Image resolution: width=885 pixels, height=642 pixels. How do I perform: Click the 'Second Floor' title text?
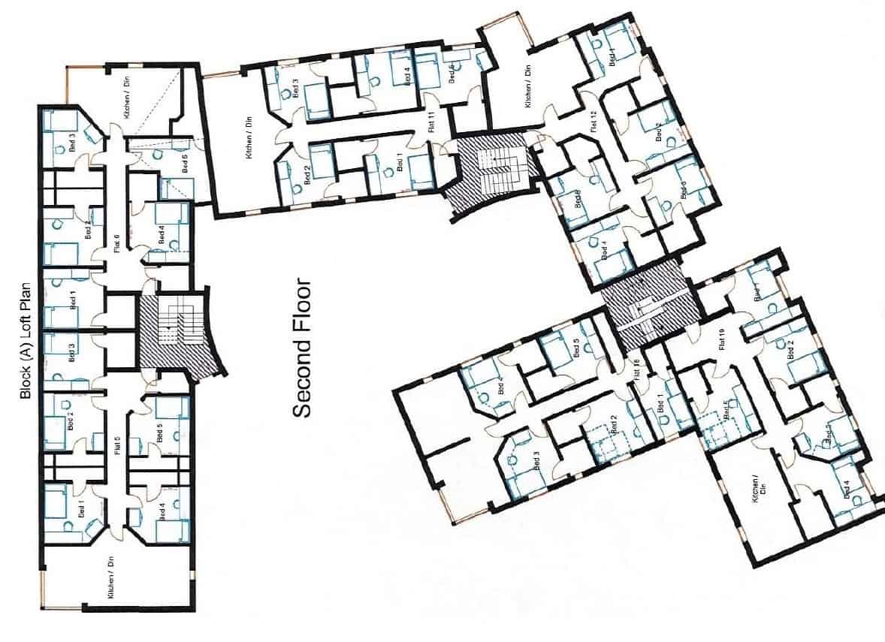(301, 348)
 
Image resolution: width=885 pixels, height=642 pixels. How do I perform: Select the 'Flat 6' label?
(116, 244)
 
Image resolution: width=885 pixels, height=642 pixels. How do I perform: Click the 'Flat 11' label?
(431, 121)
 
